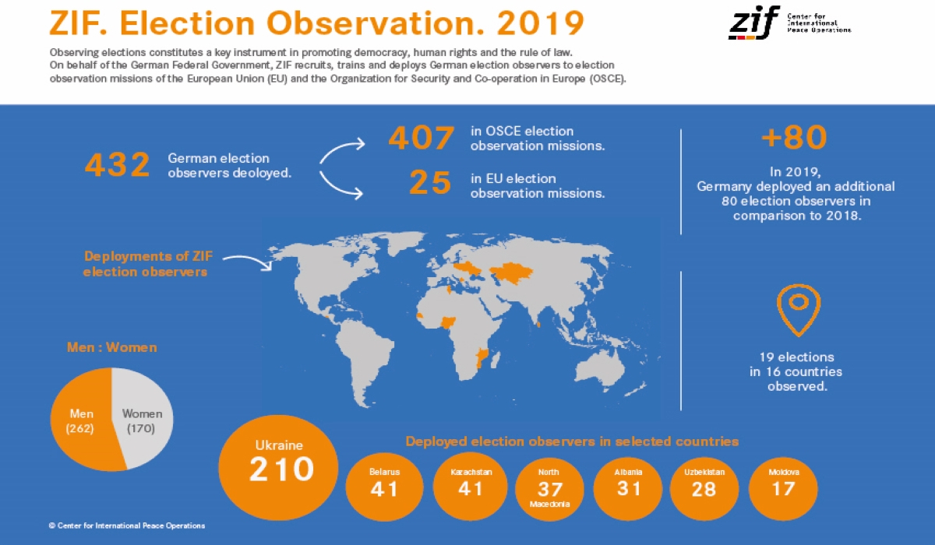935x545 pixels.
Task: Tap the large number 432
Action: click(117, 165)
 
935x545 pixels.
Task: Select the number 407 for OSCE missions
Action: click(421, 139)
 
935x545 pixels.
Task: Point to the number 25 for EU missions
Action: click(430, 184)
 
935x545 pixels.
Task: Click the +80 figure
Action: click(794, 138)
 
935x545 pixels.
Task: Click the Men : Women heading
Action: click(111, 347)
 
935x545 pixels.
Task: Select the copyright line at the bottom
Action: click(127, 526)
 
